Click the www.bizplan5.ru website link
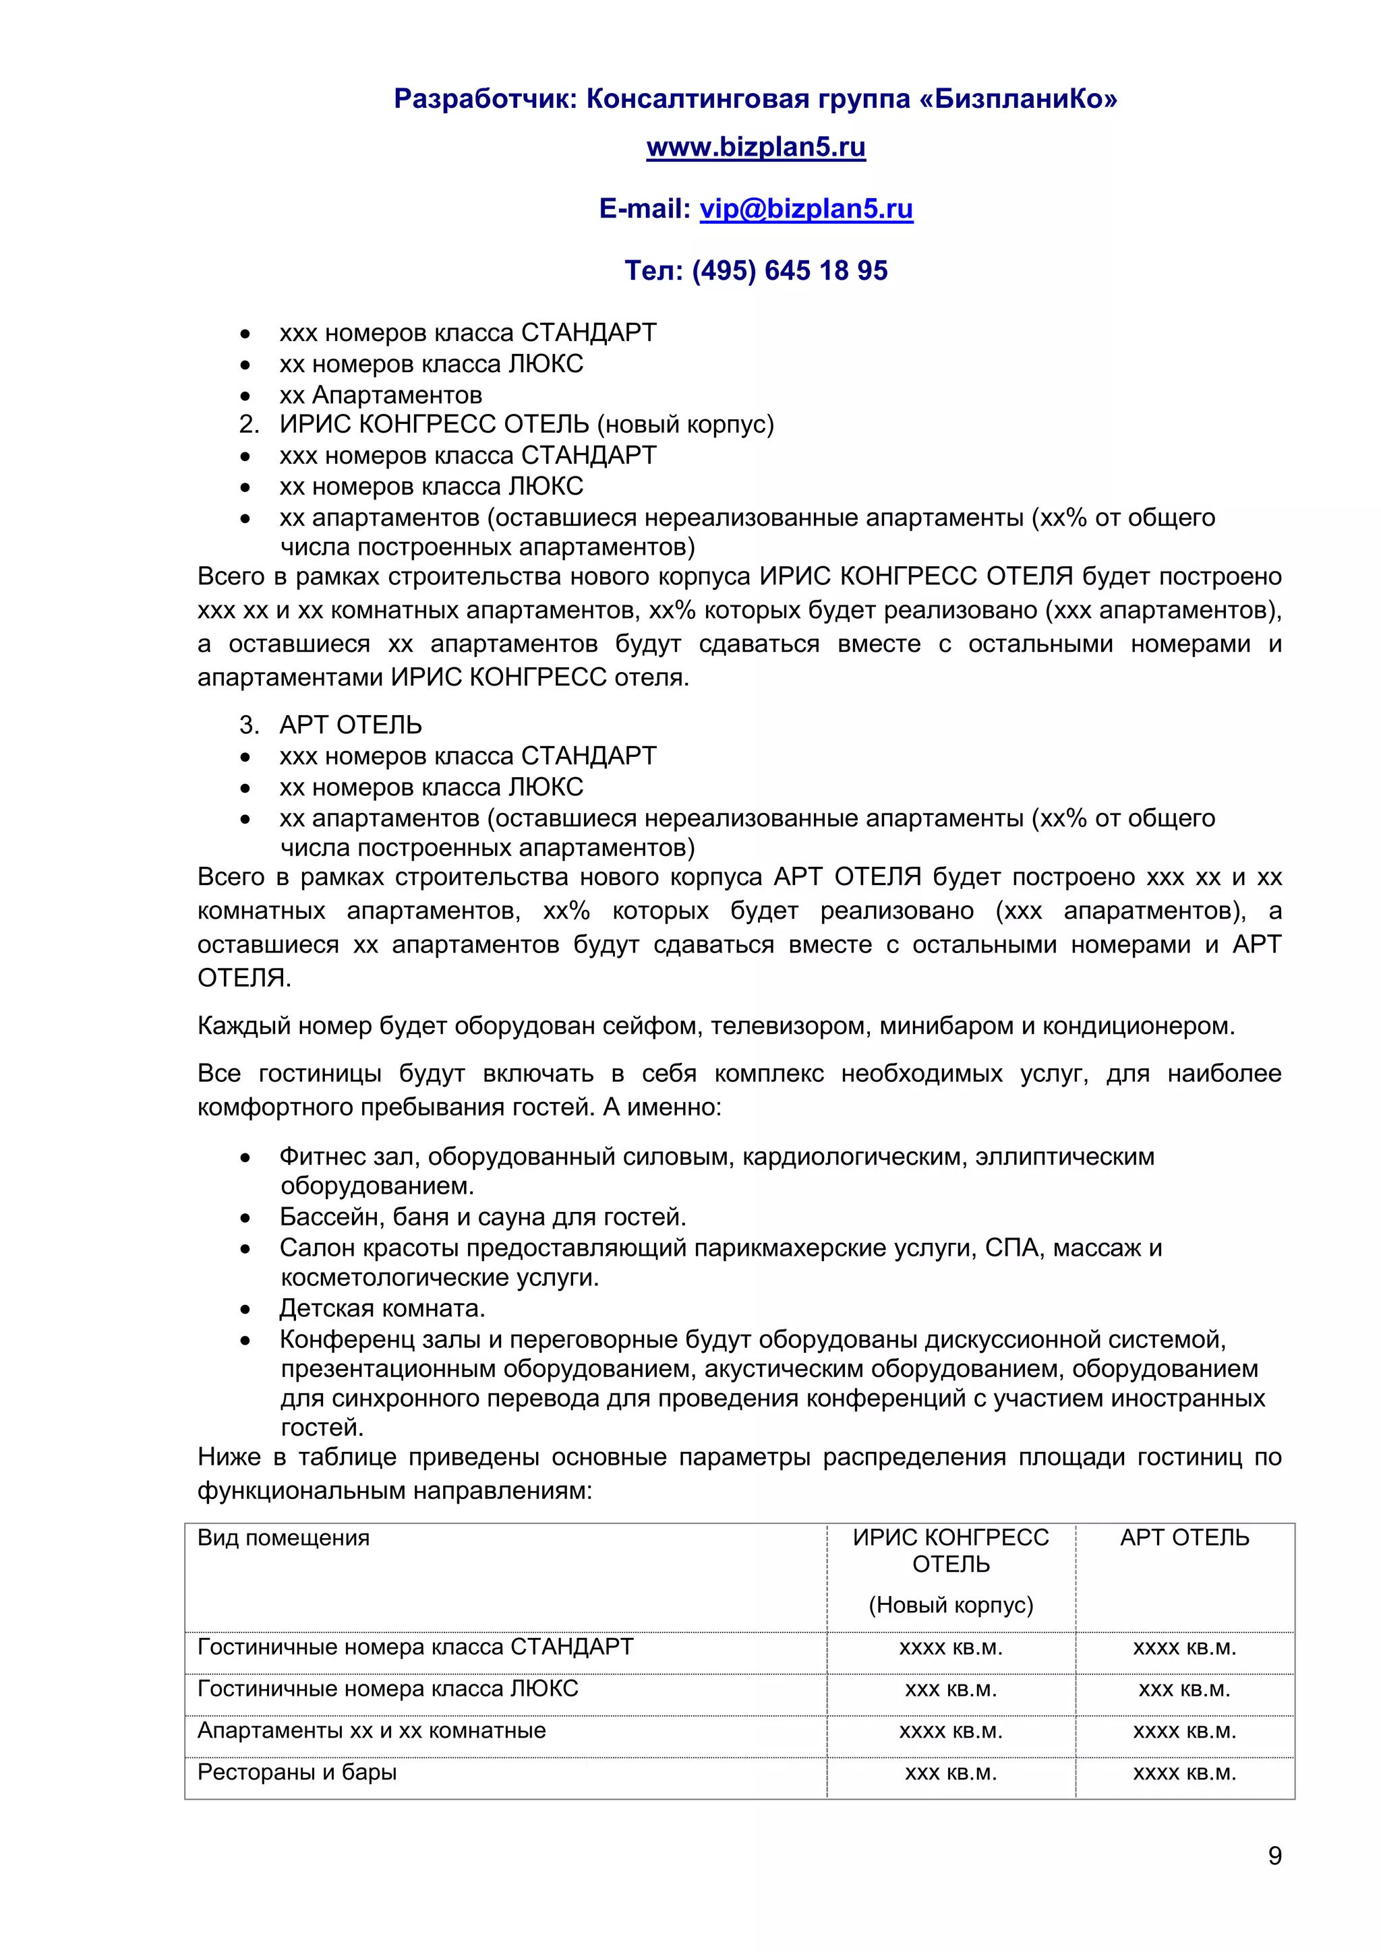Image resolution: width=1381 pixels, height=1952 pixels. pyautogui.click(x=755, y=147)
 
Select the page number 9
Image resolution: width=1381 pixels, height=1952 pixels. pyautogui.click(x=1274, y=1855)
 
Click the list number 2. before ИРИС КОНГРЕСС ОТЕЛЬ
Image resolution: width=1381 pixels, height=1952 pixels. pyautogui.click(x=248, y=424)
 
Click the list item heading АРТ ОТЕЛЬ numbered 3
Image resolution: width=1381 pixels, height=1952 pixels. pyautogui.click(x=351, y=725)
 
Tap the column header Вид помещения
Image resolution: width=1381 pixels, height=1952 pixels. pyautogui.click(x=283, y=1537)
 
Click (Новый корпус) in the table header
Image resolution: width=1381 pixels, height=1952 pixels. pyautogui.click(x=951, y=1604)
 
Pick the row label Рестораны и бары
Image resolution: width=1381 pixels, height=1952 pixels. pyautogui.click(x=297, y=1772)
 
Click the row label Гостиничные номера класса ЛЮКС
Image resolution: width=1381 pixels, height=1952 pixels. pyautogui.click(x=387, y=1688)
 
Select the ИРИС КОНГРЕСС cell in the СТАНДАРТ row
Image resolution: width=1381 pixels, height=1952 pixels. pyautogui.click(x=951, y=1647)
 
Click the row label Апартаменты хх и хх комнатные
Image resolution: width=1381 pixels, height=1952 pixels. pyautogui.click(x=371, y=1730)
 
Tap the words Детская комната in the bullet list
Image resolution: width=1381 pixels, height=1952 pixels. pyautogui.click(x=382, y=1308)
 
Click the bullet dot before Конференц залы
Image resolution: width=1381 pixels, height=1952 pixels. pyautogui.click(x=245, y=1341)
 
